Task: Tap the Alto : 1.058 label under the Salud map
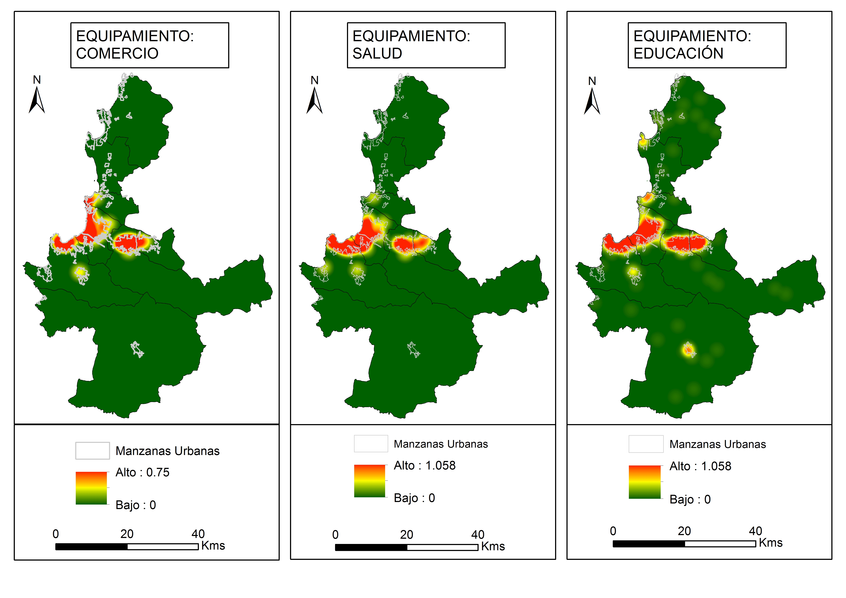pos(425,465)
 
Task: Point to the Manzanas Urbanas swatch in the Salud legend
pos(371,444)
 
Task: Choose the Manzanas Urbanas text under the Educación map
pos(717,444)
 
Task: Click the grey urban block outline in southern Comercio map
pos(137,349)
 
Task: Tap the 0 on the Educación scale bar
pos(613,531)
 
